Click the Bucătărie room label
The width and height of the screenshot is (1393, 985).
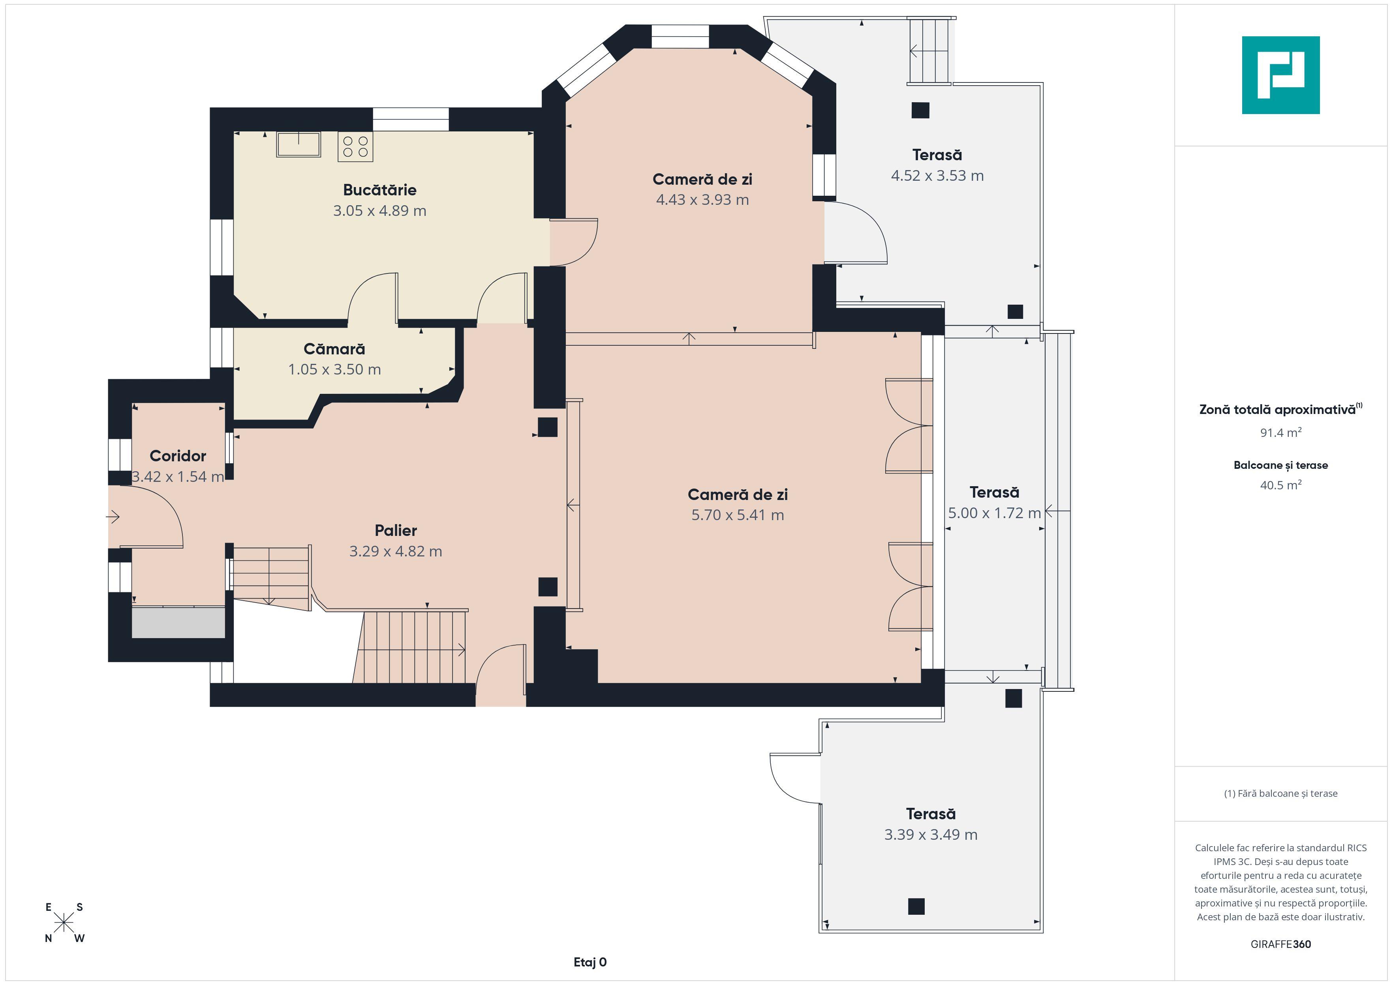(x=380, y=190)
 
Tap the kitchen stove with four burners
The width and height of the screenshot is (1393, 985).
(x=355, y=146)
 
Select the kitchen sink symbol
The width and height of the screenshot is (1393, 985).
(x=298, y=144)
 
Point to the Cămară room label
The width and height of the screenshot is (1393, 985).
(x=334, y=349)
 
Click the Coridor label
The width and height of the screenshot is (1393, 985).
(x=178, y=456)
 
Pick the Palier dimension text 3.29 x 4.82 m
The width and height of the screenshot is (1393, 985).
(x=396, y=551)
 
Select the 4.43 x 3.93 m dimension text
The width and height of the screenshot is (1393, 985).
(x=702, y=200)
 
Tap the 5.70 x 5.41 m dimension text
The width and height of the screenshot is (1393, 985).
(x=738, y=515)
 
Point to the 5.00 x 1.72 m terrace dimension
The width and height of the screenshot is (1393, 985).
(x=994, y=513)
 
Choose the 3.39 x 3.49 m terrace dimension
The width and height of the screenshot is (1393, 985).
(x=931, y=835)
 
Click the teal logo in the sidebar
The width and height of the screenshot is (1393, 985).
(x=1281, y=75)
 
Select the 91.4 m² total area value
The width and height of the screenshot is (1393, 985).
(x=1281, y=433)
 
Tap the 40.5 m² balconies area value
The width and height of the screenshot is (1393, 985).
(x=1281, y=485)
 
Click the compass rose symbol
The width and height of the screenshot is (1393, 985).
(x=64, y=923)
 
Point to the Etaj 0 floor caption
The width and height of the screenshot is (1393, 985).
(x=590, y=962)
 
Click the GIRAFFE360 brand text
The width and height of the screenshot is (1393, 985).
(x=1281, y=944)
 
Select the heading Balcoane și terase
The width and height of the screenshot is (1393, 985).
(x=1281, y=465)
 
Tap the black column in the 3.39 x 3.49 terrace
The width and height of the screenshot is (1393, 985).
(x=916, y=906)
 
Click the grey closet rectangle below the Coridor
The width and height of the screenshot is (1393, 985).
(x=178, y=622)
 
